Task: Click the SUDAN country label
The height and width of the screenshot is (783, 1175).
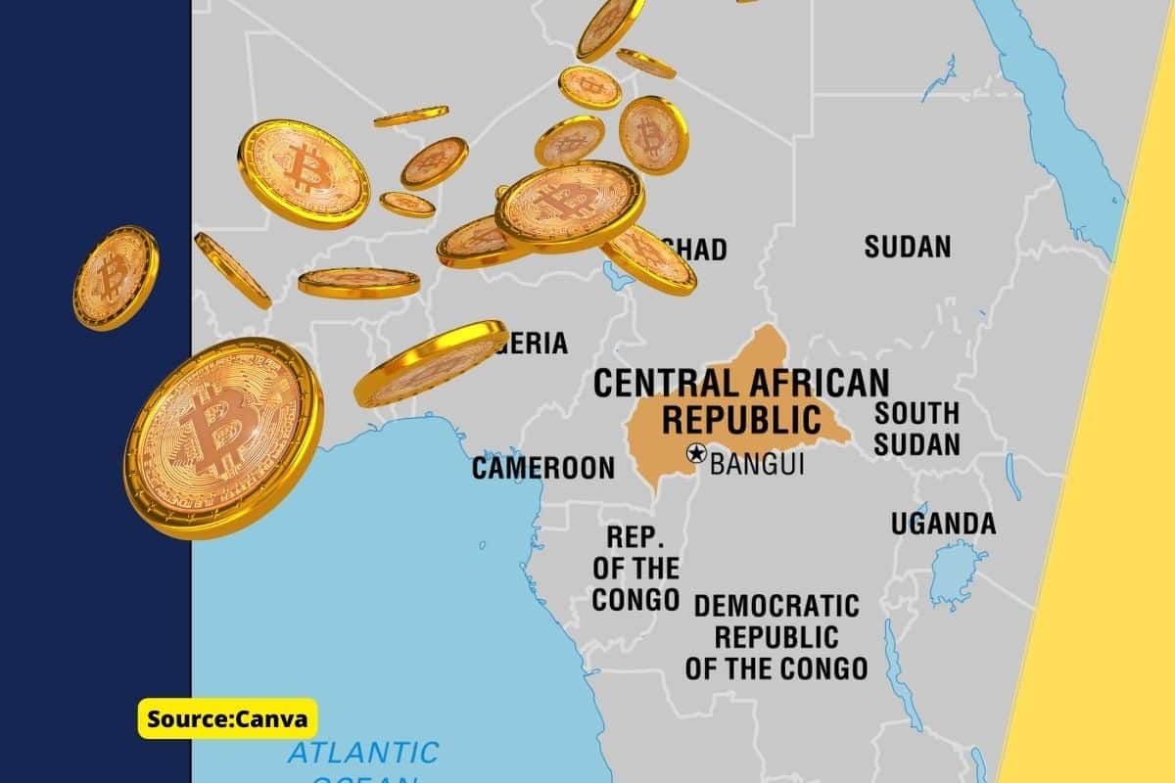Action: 907,247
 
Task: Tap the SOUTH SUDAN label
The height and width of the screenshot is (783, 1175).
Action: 916,429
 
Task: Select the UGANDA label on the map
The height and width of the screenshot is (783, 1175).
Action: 942,524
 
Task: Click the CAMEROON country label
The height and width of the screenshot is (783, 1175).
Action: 543,468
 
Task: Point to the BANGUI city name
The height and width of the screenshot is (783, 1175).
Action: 756,464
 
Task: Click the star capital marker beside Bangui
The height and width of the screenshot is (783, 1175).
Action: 696,453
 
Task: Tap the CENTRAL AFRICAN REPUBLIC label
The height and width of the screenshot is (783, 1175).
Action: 741,399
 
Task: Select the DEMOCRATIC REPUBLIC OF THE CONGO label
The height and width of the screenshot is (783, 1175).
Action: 775,637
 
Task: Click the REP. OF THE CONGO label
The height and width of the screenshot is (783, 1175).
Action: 635,568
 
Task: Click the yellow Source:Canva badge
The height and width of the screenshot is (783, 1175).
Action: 227,719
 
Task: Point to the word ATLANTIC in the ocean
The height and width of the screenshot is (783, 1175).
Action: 363,753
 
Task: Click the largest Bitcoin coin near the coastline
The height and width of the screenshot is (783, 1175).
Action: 222,437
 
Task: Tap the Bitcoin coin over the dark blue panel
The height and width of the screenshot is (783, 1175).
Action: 115,277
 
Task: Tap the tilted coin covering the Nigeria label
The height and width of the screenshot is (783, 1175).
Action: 431,362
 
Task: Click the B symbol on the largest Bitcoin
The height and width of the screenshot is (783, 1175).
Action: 217,429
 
